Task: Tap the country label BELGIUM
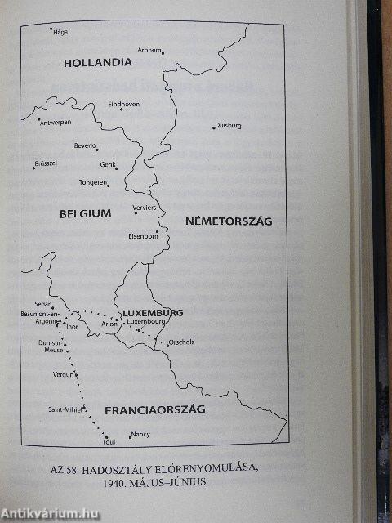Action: pyautogui.click(x=84, y=213)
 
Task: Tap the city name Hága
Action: pyautogui.click(x=60, y=34)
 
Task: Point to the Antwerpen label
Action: pyautogui.click(x=56, y=123)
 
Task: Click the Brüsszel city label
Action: pyautogui.click(x=46, y=164)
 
